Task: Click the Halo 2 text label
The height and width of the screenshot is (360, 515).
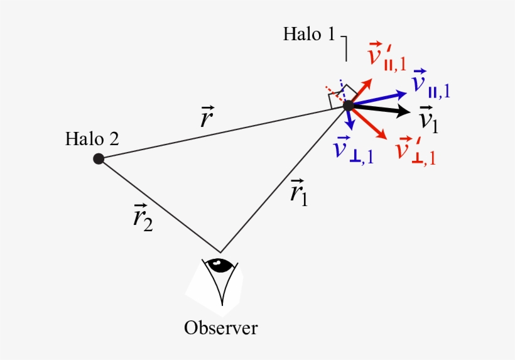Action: tap(92, 139)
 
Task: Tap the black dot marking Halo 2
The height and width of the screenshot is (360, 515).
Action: tap(99, 158)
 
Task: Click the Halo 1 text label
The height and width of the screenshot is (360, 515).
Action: tap(308, 33)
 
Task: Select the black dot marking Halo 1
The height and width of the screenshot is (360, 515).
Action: tap(348, 106)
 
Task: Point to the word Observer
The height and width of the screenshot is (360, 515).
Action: tap(220, 328)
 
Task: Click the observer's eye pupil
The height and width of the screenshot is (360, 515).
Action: tap(219, 266)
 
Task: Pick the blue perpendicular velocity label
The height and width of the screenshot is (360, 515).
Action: tap(354, 151)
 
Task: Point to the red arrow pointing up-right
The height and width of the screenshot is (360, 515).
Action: tap(361, 90)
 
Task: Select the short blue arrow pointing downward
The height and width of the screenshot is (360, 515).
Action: tap(351, 119)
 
